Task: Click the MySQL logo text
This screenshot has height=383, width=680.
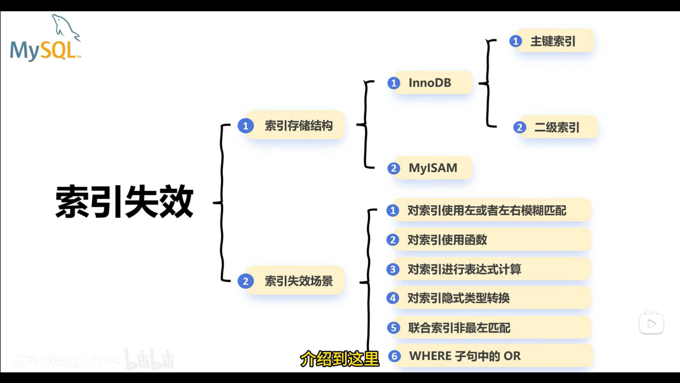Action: pyautogui.click(x=43, y=51)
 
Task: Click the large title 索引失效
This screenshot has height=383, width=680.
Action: pyautogui.click(x=124, y=201)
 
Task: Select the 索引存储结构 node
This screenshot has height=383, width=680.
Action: pyautogui.click(x=299, y=126)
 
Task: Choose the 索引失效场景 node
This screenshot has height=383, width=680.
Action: pyautogui.click(x=299, y=281)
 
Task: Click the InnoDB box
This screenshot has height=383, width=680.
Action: pyautogui.click(x=430, y=83)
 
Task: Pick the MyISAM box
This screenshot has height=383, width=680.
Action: pyautogui.click(x=433, y=168)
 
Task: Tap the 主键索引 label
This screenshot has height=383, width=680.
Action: pyautogui.click(x=553, y=41)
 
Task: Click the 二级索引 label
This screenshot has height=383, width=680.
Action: pyautogui.click(x=557, y=127)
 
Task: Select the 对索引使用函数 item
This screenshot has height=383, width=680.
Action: pyautogui.click(x=447, y=240)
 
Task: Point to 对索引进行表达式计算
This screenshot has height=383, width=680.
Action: pyautogui.click(x=464, y=270)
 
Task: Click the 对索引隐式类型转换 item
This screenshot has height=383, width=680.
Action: pyautogui.click(x=459, y=298)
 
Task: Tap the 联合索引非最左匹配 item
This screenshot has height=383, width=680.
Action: pyautogui.click(x=459, y=328)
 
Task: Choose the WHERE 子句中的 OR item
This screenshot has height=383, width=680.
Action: pyautogui.click(x=465, y=356)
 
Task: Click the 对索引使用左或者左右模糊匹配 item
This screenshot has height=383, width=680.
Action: pyautogui.click(x=487, y=211)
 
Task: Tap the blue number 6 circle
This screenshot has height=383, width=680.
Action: pyautogui.click(x=394, y=356)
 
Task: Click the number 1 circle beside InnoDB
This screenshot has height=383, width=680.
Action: pyautogui.click(x=393, y=83)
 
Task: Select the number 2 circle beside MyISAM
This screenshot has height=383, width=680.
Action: pyautogui.click(x=393, y=168)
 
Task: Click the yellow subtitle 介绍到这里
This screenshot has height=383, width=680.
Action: pyautogui.click(x=340, y=359)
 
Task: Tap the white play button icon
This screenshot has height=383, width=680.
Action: pyautogui.click(x=651, y=323)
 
